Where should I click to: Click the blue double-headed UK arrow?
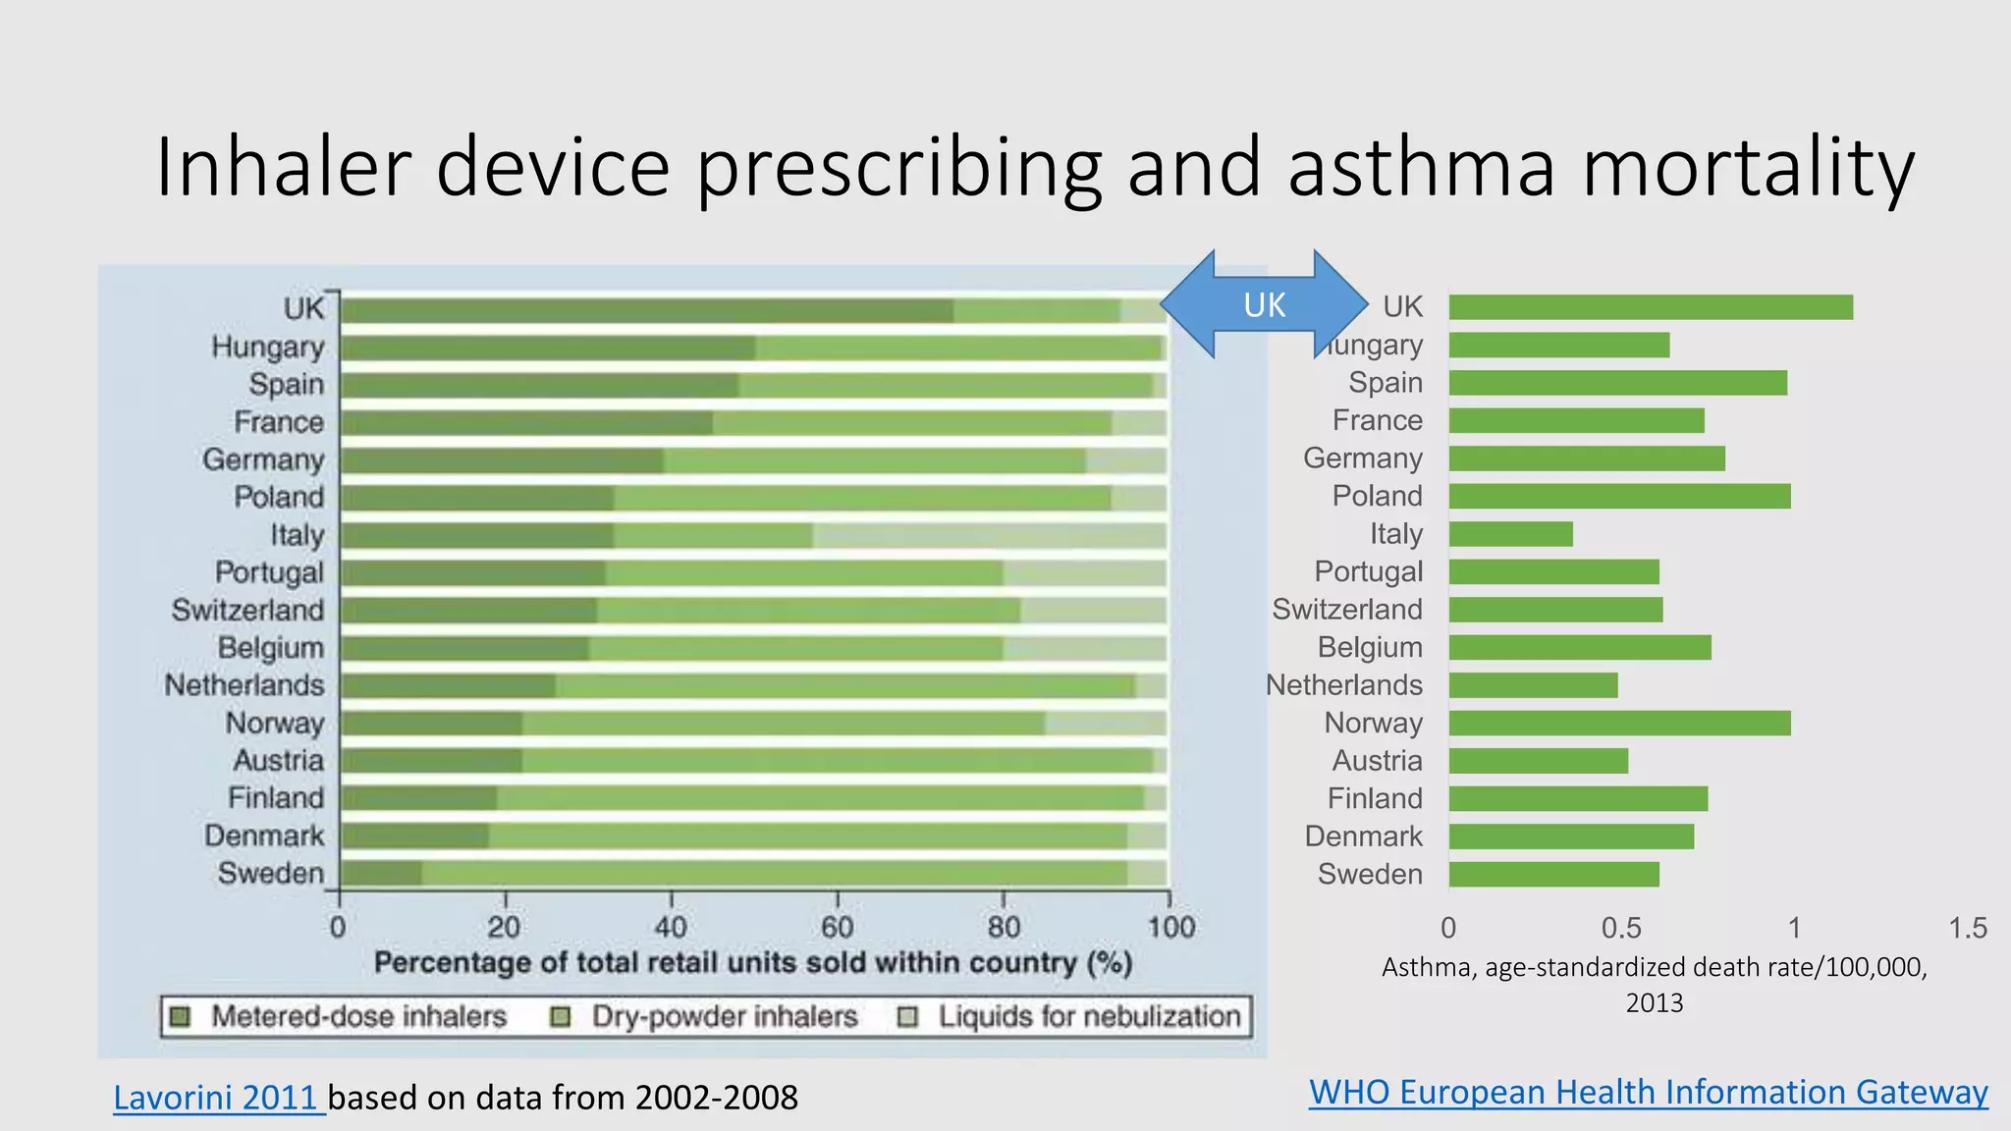pyautogui.click(x=1264, y=304)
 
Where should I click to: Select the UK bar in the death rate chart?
pyautogui.click(x=1651, y=307)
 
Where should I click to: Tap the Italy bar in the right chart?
pyautogui.click(x=1510, y=534)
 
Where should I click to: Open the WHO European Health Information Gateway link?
pyautogui.click(x=1648, y=1092)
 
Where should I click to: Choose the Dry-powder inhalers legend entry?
pyautogui.click(x=705, y=1016)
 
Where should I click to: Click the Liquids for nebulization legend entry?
pyautogui.click(x=1070, y=1016)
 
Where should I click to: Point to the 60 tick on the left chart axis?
pyautogui.click(x=838, y=927)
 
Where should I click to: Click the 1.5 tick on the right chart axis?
pyautogui.click(x=1967, y=928)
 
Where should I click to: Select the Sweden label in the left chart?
pyautogui.click(x=270, y=873)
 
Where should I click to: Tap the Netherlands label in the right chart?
pyautogui.click(x=1343, y=685)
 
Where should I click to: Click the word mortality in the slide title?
pyautogui.click(x=1748, y=167)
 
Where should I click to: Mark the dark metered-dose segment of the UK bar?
pyautogui.click(x=646, y=311)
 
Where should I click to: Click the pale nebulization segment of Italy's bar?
pyautogui.click(x=989, y=536)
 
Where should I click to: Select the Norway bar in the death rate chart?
pyautogui.click(x=1619, y=724)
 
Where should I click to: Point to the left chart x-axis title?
pyautogui.click(x=753, y=963)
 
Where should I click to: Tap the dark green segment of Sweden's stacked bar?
pyautogui.click(x=381, y=874)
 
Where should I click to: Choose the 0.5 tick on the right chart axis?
pyautogui.click(x=1621, y=928)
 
